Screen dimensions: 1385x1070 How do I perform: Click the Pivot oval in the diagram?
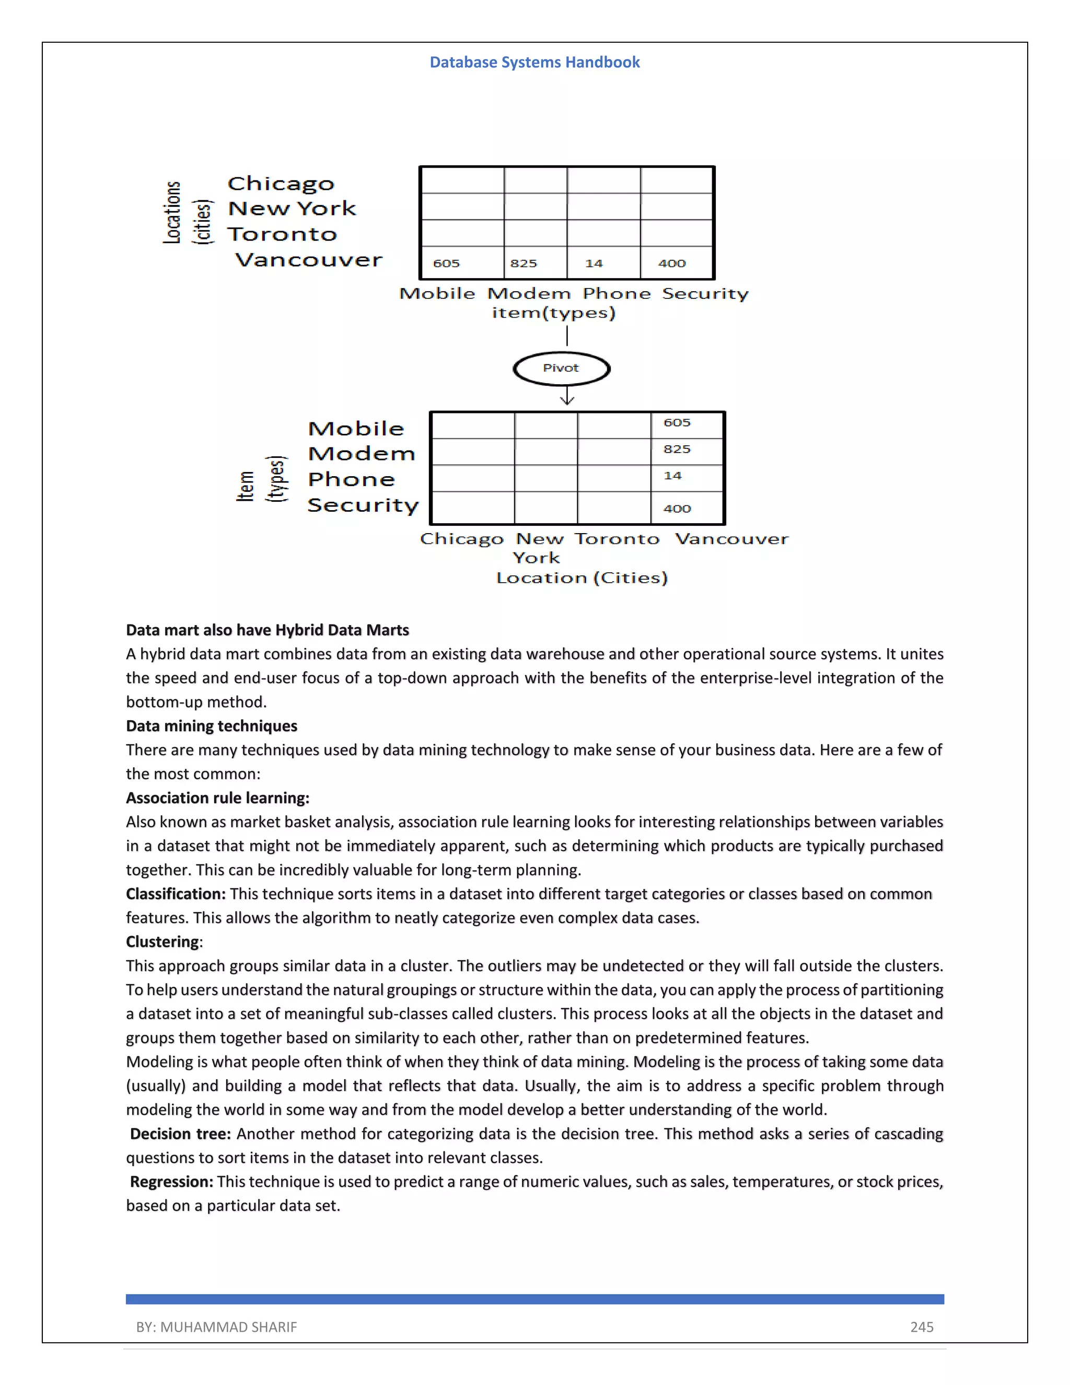click(x=561, y=368)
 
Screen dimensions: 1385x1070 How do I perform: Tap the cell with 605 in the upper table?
click(x=461, y=262)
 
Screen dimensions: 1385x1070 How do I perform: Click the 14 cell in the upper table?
click(x=603, y=262)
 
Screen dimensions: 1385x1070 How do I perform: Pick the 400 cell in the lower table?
click(x=687, y=508)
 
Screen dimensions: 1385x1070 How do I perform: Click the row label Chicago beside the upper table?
click(x=280, y=184)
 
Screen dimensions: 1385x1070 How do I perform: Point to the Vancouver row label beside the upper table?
click(x=309, y=260)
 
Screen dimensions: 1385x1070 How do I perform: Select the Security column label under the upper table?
click(x=705, y=294)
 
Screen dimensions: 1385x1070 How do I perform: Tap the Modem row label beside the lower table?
click(x=362, y=454)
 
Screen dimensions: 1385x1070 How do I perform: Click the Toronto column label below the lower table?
click(x=617, y=539)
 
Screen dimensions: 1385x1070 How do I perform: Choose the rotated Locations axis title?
click(x=172, y=212)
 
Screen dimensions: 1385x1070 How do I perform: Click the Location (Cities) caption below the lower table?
click(x=581, y=578)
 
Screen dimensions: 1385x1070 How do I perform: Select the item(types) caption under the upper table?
click(x=553, y=313)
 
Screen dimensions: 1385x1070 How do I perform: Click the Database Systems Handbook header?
click(x=534, y=62)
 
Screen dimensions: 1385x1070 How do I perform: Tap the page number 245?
click(x=921, y=1326)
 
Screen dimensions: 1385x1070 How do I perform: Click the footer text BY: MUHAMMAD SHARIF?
click(x=216, y=1326)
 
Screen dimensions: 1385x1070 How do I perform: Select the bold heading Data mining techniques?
click(x=211, y=725)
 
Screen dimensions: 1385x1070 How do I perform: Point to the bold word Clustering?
click(x=162, y=942)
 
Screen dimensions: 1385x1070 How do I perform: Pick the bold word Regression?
click(x=171, y=1182)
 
